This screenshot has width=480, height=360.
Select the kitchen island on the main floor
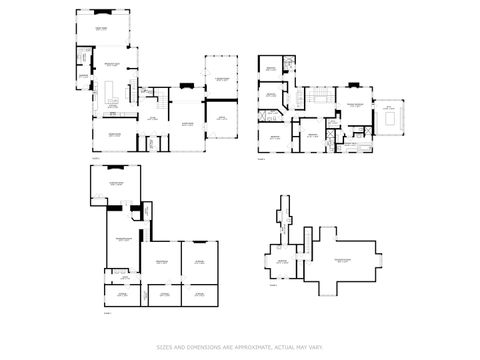(110, 94)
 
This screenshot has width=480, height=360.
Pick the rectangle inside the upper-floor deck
(388, 118)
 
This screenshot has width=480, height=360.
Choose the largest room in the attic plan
(346, 261)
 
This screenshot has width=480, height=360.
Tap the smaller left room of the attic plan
(282, 262)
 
